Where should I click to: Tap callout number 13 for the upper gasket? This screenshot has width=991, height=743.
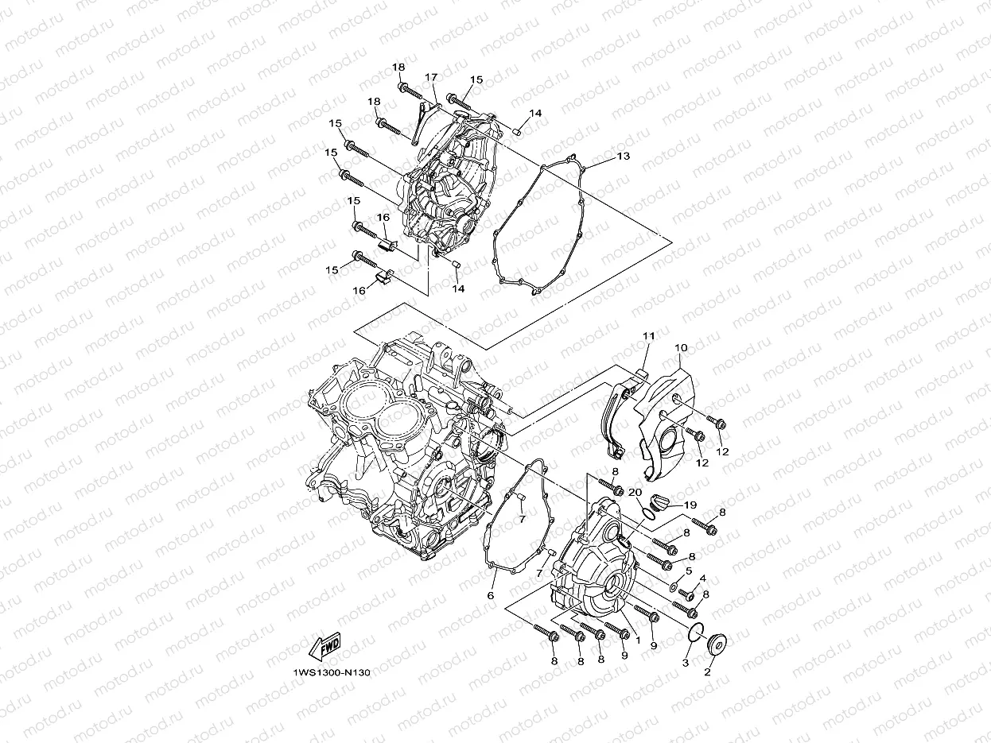(x=623, y=157)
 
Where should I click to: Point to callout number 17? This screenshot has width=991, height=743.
(x=431, y=78)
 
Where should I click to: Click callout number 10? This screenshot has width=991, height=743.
(x=682, y=348)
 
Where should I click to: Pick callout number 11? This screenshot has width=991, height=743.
(x=648, y=337)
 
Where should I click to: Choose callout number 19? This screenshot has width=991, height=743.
(x=690, y=505)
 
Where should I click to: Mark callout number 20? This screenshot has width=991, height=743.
(x=635, y=493)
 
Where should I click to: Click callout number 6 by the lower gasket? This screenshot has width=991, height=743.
(x=491, y=595)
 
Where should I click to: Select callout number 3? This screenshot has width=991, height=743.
(x=685, y=662)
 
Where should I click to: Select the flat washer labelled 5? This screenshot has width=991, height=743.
(x=673, y=586)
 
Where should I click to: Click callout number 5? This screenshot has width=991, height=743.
(x=689, y=571)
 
